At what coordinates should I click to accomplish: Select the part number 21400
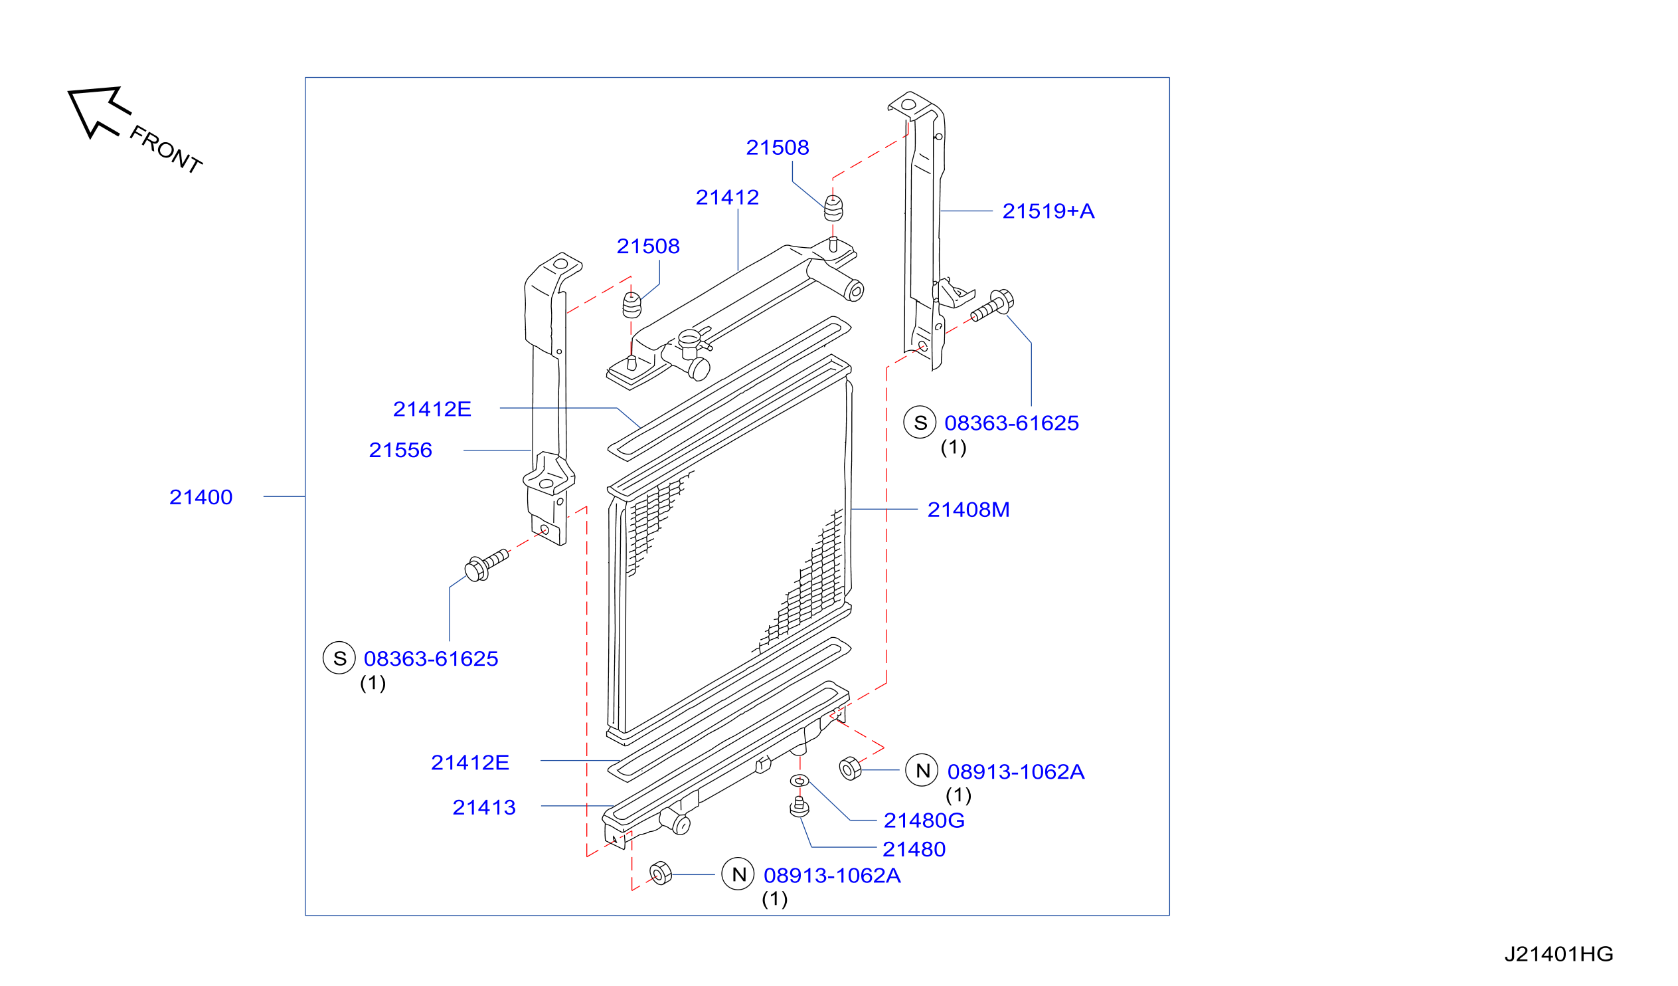201,497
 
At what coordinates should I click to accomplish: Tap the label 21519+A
1048,211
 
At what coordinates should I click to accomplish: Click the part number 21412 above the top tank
727,197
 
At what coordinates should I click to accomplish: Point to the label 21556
400,450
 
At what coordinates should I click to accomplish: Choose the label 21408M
968,510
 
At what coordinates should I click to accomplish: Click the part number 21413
484,807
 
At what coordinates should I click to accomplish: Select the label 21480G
924,820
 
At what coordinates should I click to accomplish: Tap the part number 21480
914,849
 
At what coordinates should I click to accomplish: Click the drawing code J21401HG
1559,954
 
